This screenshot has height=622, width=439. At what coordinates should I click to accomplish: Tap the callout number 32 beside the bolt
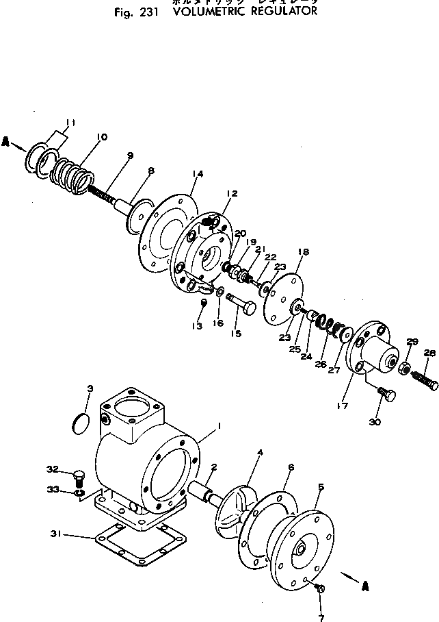pos(52,469)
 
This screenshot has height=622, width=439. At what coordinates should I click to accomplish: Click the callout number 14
pos(198,174)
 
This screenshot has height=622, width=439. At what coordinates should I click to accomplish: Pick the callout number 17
pos(342,406)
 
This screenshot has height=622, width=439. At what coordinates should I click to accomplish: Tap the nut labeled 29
pos(405,368)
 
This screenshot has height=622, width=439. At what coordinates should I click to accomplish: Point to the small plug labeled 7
pos(321,588)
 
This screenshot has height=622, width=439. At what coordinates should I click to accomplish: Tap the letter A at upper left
pos(5,142)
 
